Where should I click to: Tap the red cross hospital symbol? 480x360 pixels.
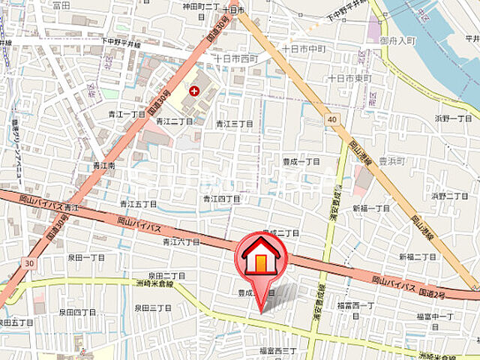[x=194, y=91]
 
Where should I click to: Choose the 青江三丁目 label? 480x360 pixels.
[x=232, y=124]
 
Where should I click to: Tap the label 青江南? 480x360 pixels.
[x=104, y=165]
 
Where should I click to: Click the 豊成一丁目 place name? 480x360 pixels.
[x=301, y=161]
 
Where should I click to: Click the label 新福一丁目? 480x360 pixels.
[x=372, y=208]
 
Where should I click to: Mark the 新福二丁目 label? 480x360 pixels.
[x=417, y=256]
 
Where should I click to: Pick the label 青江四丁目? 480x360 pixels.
[x=222, y=199]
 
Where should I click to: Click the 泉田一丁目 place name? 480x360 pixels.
[x=86, y=257]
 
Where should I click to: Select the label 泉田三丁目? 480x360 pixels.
[x=154, y=308]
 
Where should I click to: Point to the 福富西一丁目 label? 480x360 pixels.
[x=355, y=305]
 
